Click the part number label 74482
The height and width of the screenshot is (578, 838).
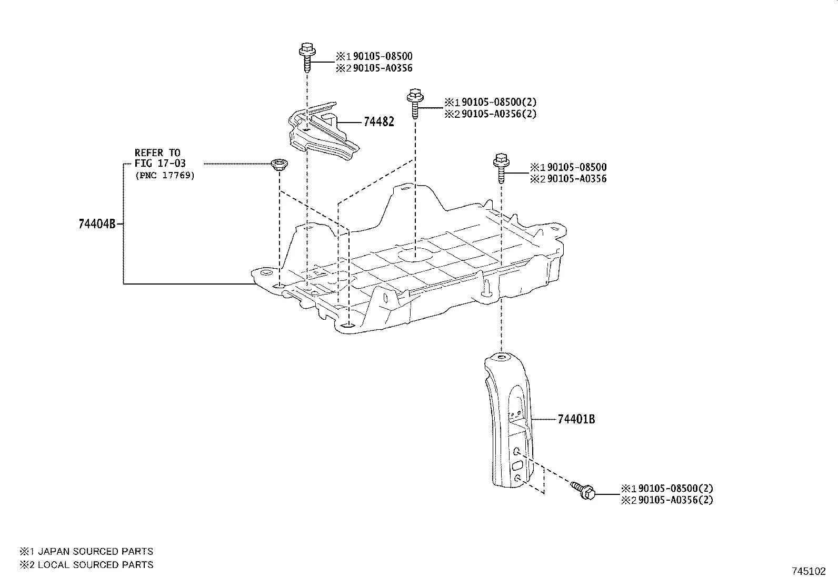[x=378, y=122]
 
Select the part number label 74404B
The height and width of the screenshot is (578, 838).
[x=96, y=224]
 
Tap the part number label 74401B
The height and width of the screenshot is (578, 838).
[x=576, y=419]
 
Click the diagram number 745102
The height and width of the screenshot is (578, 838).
[x=810, y=571]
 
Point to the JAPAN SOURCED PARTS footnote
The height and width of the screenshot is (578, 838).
[x=87, y=551]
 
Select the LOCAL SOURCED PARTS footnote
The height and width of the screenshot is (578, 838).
[x=87, y=565]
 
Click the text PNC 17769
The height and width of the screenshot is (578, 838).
[x=164, y=175]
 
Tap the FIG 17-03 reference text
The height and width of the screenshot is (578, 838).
[x=160, y=164]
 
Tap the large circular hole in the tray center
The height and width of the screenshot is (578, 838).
[x=415, y=255]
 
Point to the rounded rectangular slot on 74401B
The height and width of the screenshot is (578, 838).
[x=517, y=465]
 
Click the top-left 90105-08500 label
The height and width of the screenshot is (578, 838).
[x=382, y=56]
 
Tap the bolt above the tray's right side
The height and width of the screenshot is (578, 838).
[x=500, y=167]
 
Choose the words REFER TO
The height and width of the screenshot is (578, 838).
[x=157, y=153]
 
